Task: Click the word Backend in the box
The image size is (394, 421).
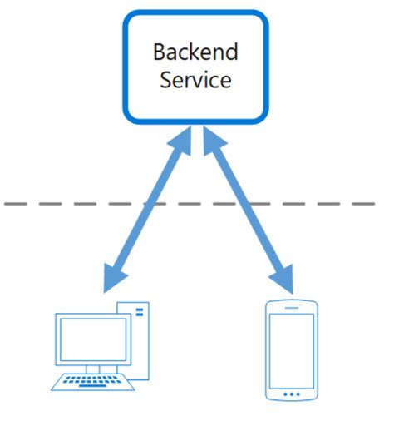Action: point(195,52)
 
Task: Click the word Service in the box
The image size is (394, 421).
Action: point(195,81)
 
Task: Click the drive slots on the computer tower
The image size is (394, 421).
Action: point(139,312)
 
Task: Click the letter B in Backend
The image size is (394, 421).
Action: point(159,52)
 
